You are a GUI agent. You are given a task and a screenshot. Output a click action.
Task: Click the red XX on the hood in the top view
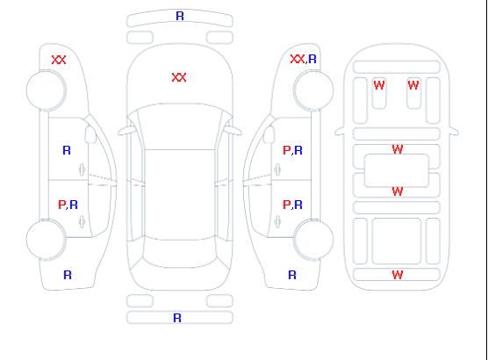(179, 77)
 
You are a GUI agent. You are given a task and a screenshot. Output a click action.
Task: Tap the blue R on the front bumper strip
(180, 16)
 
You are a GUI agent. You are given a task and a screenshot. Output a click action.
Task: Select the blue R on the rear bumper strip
(177, 318)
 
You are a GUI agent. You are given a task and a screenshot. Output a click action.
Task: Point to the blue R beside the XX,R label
(312, 59)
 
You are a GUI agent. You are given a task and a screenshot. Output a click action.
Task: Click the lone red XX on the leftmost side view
(59, 60)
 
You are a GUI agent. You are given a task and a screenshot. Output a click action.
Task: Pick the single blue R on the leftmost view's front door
(67, 150)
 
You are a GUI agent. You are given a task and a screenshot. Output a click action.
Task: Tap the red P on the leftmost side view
(61, 205)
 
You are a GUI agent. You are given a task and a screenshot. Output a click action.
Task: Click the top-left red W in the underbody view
(379, 85)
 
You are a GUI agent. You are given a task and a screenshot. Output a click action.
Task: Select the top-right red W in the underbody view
(413, 85)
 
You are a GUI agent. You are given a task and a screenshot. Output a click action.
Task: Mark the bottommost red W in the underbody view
(398, 275)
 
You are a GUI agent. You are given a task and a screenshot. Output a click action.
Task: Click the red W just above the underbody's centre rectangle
(398, 149)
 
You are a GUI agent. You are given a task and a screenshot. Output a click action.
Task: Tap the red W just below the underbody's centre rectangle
(398, 191)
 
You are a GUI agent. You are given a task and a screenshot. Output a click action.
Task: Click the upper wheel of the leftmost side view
(46, 90)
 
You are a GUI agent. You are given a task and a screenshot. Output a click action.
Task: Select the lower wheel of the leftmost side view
(46, 240)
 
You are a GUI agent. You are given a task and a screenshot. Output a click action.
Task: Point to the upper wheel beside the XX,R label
(313, 90)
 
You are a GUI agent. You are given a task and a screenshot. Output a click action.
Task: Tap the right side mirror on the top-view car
(233, 131)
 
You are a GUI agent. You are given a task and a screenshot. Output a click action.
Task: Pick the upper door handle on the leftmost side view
(83, 169)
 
